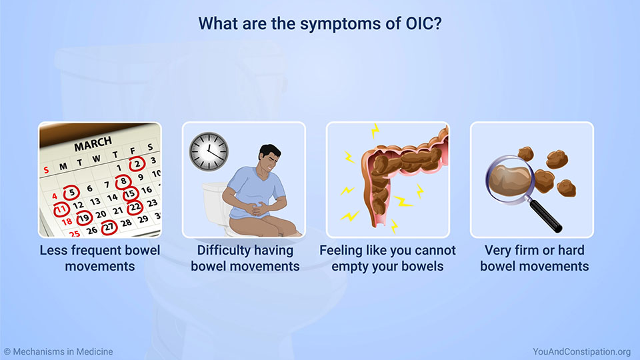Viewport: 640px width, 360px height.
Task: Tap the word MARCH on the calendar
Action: [x=93, y=144]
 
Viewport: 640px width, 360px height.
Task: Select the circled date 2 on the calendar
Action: [x=137, y=164]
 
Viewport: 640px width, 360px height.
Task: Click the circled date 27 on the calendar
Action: [x=109, y=227]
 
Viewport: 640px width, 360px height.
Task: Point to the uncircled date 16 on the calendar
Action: [x=147, y=190]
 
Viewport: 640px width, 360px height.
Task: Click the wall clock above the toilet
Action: [x=209, y=151]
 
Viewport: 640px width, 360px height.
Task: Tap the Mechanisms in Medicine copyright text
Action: [x=59, y=352]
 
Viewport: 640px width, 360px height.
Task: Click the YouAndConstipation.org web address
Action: [x=581, y=352]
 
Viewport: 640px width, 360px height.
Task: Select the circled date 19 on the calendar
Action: [x=84, y=219]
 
